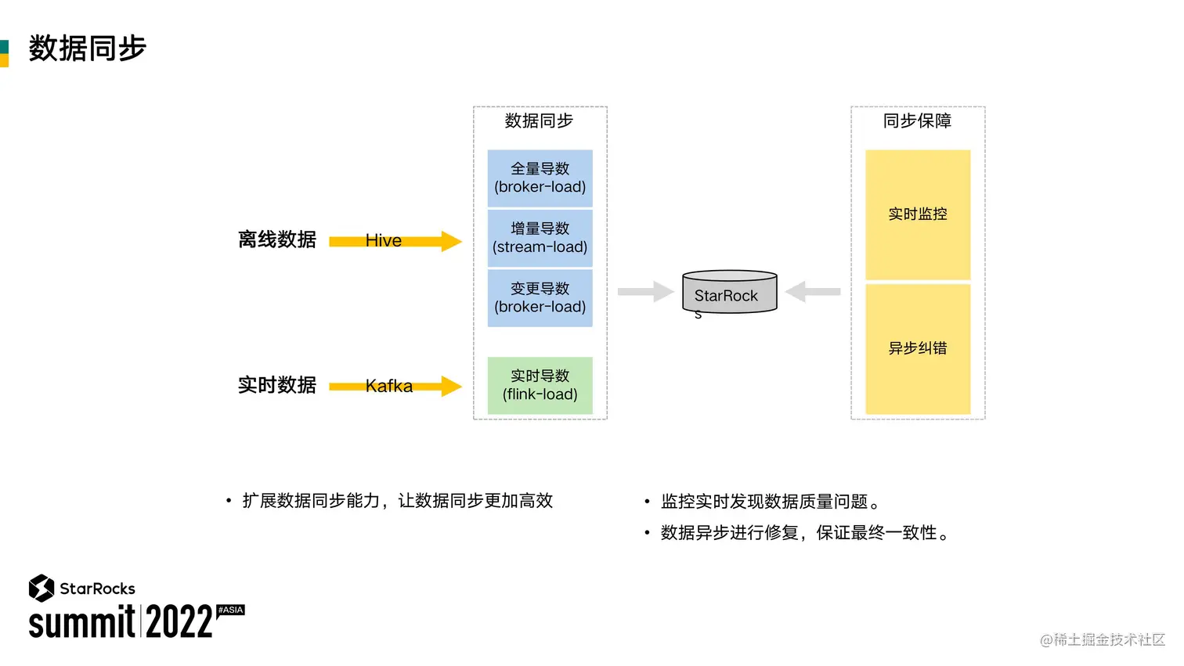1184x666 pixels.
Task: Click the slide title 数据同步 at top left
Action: pos(87,49)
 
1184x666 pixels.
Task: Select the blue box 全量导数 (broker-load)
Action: pos(540,178)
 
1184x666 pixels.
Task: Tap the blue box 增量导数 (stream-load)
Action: pos(540,238)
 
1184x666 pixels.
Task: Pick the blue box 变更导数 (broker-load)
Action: pos(540,298)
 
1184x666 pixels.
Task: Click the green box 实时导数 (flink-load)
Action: pos(540,385)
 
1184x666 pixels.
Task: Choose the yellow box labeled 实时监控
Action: pos(917,214)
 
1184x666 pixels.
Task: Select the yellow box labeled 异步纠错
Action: pos(917,348)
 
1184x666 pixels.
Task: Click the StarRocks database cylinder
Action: pos(729,293)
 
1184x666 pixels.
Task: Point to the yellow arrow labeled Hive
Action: pos(395,241)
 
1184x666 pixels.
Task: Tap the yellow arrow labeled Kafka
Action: pos(395,386)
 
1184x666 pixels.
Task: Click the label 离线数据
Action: pos(277,239)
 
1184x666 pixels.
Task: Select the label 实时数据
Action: pos(277,385)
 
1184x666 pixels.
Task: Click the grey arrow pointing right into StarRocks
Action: pos(645,292)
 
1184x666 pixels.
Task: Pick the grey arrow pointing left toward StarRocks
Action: pos(813,292)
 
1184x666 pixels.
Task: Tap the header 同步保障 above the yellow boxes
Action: pos(917,121)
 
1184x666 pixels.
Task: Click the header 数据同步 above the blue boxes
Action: pos(539,121)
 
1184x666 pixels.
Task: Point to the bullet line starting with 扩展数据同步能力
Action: pos(397,501)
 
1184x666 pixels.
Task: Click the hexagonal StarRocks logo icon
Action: pos(42,588)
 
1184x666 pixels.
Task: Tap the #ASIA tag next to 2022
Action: pos(231,610)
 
